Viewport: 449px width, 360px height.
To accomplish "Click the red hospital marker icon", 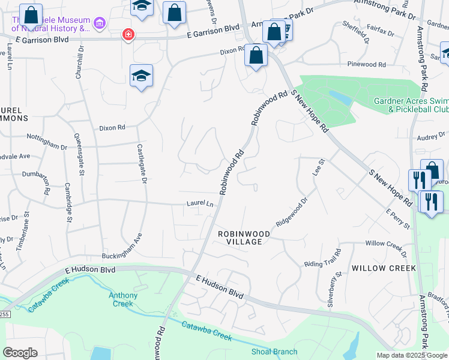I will [x=127, y=34].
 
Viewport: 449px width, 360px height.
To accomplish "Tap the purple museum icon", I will [x=99, y=23].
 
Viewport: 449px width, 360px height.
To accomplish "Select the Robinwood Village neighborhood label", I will [x=240, y=237].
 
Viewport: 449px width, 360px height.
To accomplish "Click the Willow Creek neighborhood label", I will [x=384, y=268].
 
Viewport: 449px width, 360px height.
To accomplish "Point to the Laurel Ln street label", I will [x=200, y=204].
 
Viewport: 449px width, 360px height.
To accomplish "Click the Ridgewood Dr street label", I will [x=292, y=213].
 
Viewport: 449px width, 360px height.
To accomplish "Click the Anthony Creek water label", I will [x=123, y=299].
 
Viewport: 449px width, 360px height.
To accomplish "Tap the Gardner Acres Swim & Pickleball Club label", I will [x=411, y=106].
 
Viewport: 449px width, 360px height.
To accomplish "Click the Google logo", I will [x=20, y=352].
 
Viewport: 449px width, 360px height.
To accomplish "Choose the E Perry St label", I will [x=398, y=219].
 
